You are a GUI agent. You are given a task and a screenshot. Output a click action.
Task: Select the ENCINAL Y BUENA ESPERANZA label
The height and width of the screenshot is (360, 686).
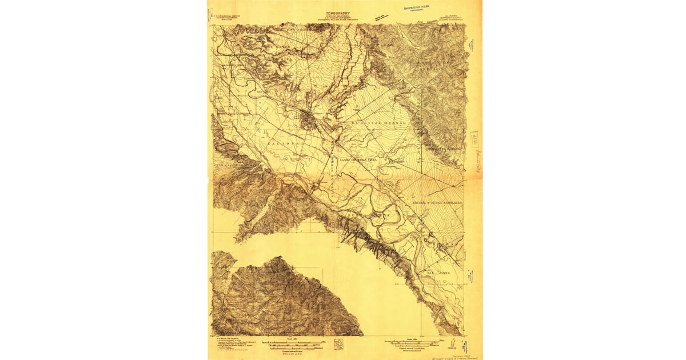click(x=437, y=202)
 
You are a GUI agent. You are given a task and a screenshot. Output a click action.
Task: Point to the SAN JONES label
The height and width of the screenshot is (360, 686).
click(x=438, y=273)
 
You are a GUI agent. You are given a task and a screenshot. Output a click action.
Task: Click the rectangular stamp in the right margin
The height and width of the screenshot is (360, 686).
click(x=474, y=138)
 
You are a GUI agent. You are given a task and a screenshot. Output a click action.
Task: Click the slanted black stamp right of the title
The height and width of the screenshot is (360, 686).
click(x=378, y=17)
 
